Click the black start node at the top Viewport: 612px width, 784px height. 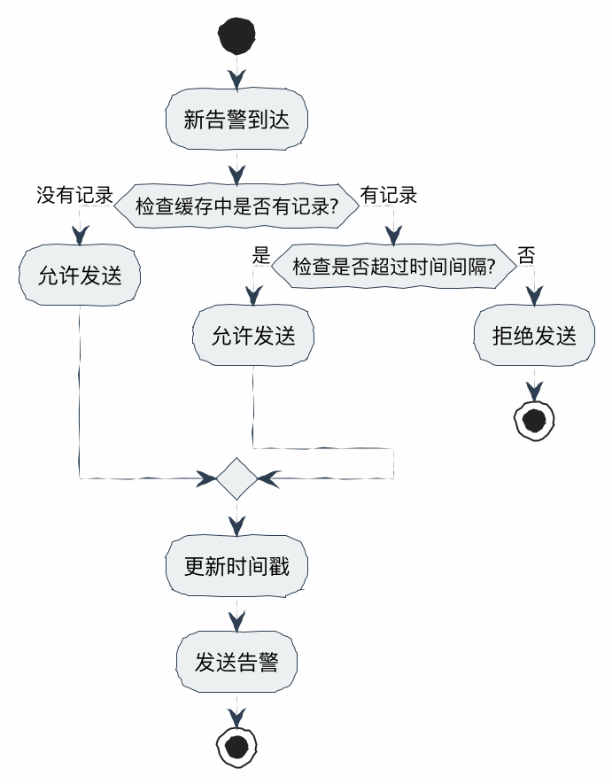click(237, 35)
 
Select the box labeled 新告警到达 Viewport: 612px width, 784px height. click(236, 120)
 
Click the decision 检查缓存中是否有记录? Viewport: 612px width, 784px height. click(236, 206)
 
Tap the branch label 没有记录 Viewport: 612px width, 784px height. click(74, 195)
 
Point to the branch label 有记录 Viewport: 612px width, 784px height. click(389, 195)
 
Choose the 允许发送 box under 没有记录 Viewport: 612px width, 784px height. click(80, 276)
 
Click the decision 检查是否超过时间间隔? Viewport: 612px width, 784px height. click(393, 265)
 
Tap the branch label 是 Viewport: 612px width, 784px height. click(260, 256)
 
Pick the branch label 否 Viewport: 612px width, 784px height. click(526, 256)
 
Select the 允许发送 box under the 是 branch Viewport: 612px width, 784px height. click(253, 336)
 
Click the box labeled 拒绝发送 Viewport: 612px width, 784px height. click(534, 336)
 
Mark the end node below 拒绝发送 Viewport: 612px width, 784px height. click(534, 420)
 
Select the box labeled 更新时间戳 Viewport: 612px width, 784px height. click(236, 566)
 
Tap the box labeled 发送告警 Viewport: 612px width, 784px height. click(236, 662)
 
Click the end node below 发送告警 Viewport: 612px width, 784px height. click(236, 746)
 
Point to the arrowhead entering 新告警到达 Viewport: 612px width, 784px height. click(236, 80)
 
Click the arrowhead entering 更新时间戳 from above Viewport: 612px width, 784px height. click(236, 526)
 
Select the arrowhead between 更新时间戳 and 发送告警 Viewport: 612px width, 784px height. click(236, 622)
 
